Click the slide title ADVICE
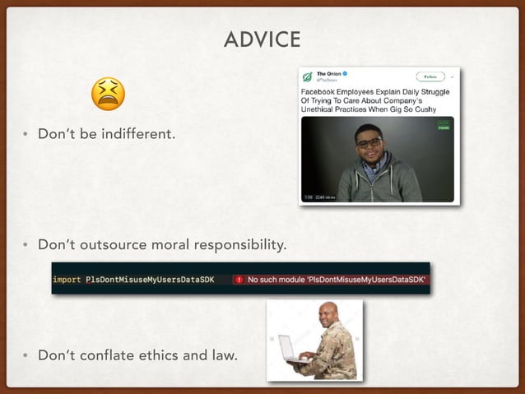pos(262,39)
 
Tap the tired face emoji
pos(108,94)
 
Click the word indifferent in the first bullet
pos(138,134)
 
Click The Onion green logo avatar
pos(307,76)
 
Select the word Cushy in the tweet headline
pos(417,109)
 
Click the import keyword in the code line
pos(67,280)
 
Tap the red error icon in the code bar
pos(239,280)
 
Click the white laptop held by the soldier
pos(288,349)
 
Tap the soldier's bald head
pos(327,310)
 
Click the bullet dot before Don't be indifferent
pos(26,135)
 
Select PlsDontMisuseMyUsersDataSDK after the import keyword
pos(150,280)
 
